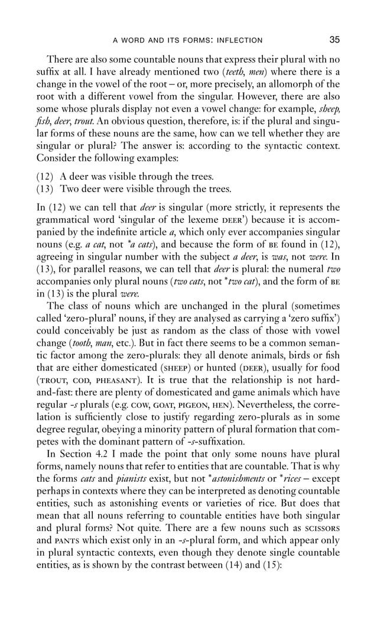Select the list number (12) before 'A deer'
coord(44,177)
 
